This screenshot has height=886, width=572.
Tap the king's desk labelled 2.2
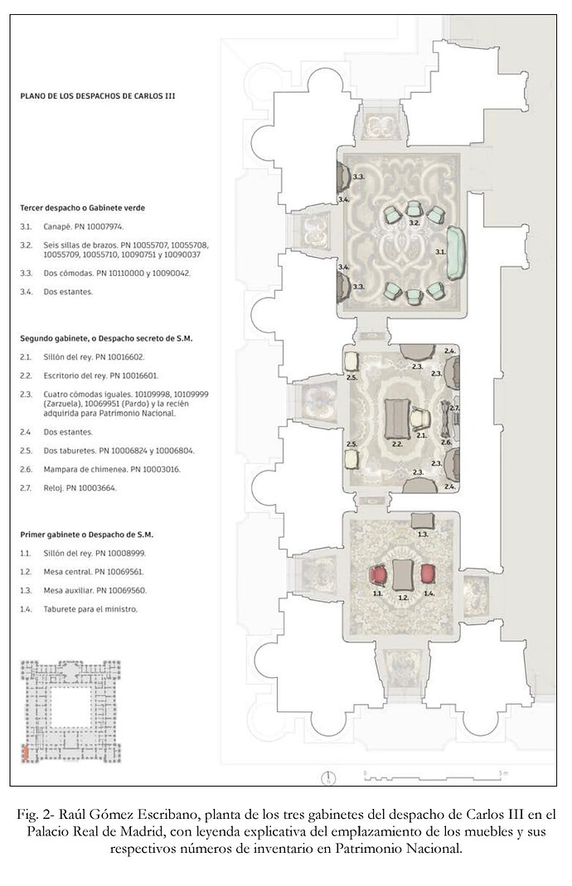397,419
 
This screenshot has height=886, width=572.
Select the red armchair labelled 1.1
378,575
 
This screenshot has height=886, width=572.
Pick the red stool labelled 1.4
428,574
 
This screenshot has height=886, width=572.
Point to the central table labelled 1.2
402,575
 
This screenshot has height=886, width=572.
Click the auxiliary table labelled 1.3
422,520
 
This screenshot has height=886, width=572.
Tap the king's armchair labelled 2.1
420,419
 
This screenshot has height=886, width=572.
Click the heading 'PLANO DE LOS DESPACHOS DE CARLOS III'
98,96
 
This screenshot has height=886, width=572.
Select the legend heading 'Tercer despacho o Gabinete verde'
83,208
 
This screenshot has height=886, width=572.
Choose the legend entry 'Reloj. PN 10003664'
80,488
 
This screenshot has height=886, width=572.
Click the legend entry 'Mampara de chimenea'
84,470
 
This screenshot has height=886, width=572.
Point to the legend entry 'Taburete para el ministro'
90,609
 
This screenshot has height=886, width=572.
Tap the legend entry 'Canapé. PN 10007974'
83,226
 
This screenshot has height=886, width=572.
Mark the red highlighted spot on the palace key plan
25,753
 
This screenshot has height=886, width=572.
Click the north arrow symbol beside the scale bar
328,778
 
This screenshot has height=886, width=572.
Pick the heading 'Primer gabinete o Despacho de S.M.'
87,535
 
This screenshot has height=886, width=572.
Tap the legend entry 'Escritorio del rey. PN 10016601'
100,375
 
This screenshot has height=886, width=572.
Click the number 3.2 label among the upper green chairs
414,223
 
